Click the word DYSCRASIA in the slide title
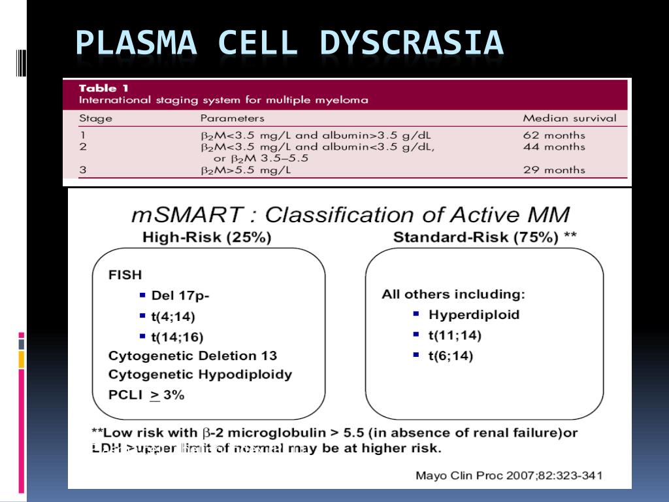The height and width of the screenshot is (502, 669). (411, 43)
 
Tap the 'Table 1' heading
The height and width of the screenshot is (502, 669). (98, 88)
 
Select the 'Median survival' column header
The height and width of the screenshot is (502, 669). (569, 118)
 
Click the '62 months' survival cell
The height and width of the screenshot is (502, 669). (554, 135)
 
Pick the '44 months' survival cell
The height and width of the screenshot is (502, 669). (554, 146)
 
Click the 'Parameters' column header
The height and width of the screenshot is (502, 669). (232, 118)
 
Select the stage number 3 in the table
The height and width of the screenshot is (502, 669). (82, 170)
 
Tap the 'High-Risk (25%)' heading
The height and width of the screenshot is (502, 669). (206, 237)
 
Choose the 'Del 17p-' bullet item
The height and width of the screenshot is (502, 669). (180, 295)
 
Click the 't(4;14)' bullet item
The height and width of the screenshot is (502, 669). (173, 316)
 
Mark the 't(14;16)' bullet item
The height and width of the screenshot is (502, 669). (177, 337)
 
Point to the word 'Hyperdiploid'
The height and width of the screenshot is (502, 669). (474, 314)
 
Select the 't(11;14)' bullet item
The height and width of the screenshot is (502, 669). (455, 335)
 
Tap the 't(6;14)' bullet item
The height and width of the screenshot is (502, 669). (451, 356)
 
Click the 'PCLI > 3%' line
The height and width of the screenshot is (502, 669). (146, 395)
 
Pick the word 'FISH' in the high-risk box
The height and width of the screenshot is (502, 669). (125, 275)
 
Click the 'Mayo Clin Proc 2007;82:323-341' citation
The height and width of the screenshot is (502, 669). (509, 475)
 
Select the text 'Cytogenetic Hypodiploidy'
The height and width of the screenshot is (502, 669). (200, 375)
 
